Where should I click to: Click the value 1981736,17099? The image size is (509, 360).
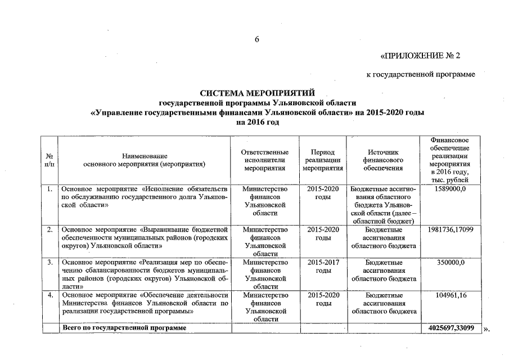coord(450,229)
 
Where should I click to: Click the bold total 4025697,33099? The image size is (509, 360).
coord(450,327)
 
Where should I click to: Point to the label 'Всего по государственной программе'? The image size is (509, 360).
coord(124,327)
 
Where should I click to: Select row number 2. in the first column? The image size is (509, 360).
coord(51,229)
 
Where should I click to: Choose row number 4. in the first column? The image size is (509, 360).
coord(51,295)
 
